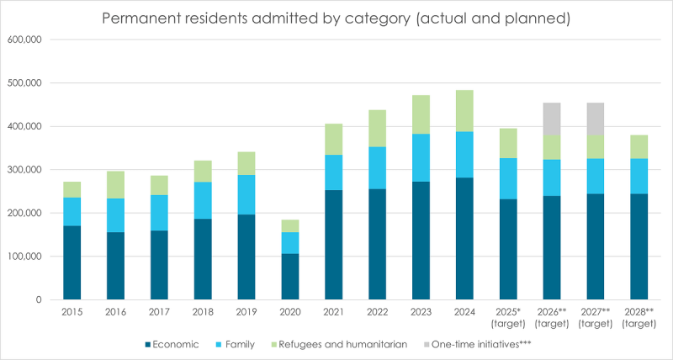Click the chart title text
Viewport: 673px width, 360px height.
coord(336,16)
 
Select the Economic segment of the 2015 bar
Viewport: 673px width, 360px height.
coord(72,262)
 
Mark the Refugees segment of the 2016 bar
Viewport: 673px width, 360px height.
coord(116,184)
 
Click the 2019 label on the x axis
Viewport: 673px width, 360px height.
coord(247,312)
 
